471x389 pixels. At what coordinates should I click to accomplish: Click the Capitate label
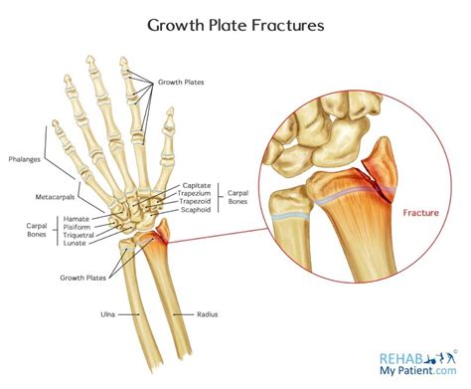[x=196, y=185]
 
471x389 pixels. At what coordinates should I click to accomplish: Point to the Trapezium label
[x=198, y=194]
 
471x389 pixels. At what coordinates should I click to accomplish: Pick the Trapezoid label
[x=198, y=203]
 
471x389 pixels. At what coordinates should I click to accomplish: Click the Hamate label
[x=77, y=218]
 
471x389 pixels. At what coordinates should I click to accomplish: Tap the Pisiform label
[x=78, y=227]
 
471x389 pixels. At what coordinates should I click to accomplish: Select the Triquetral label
[x=79, y=236]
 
